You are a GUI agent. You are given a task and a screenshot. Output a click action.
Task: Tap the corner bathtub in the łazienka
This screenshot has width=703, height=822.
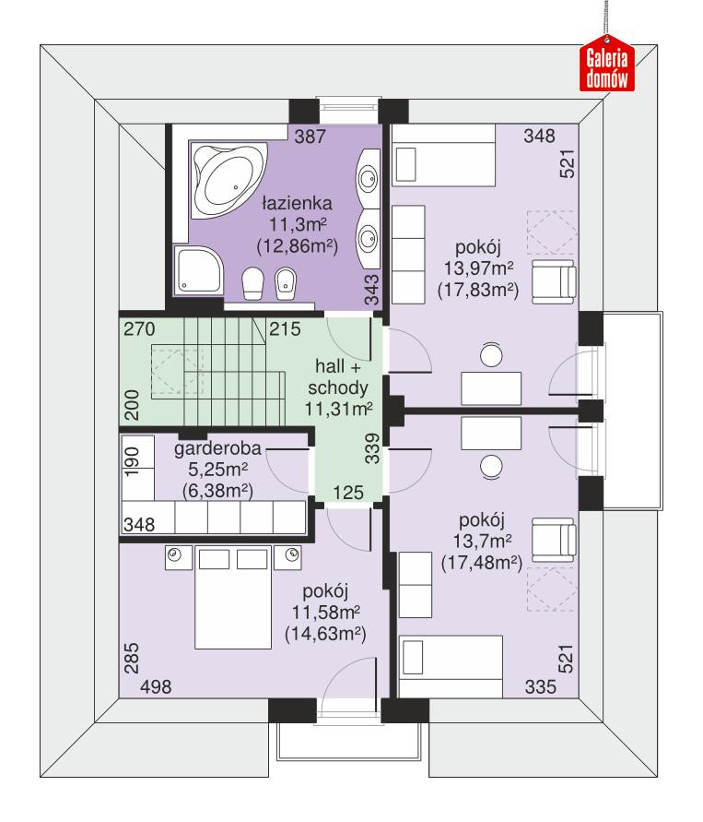(x=226, y=179)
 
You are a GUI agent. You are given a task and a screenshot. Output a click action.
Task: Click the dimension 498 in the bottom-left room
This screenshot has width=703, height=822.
(x=156, y=687)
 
